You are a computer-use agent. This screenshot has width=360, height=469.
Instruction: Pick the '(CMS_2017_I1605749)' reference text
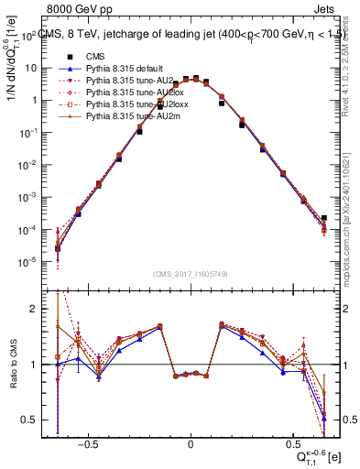tap(191, 274)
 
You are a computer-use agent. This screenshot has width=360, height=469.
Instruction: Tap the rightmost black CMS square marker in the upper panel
tap(323, 219)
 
